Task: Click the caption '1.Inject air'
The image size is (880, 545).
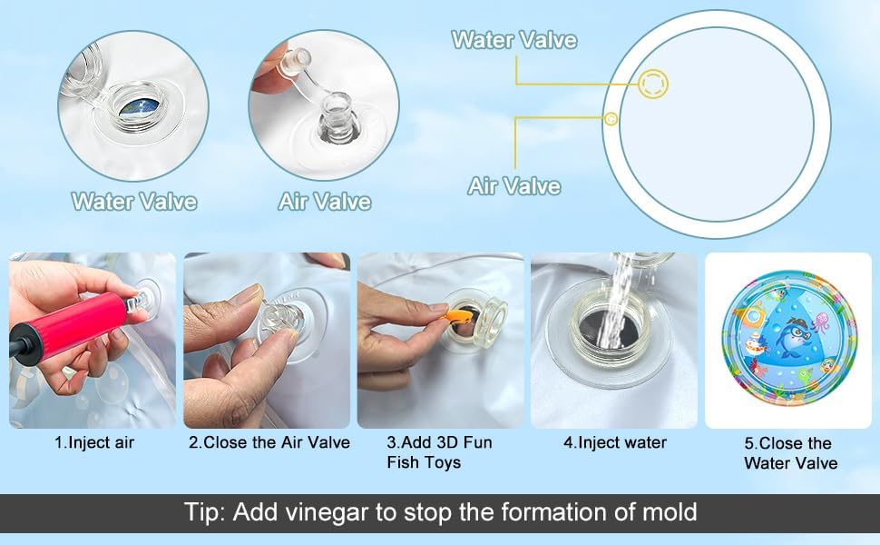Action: (94, 442)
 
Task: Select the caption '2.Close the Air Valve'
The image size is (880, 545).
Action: (269, 442)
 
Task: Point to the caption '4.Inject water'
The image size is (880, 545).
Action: (615, 442)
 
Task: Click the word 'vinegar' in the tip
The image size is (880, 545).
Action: (327, 512)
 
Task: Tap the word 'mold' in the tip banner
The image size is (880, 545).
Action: (669, 512)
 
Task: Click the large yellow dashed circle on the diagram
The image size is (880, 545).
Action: (653, 84)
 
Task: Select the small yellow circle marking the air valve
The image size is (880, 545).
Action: (611, 119)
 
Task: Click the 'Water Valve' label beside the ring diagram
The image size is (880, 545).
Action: (514, 40)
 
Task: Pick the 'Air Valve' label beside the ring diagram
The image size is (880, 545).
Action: (514, 186)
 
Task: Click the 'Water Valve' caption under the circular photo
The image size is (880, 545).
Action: (134, 202)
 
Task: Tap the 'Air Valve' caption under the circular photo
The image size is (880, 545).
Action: (325, 202)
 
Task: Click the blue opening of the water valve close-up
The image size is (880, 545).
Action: (141, 107)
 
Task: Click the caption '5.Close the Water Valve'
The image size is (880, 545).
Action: (790, 453)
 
